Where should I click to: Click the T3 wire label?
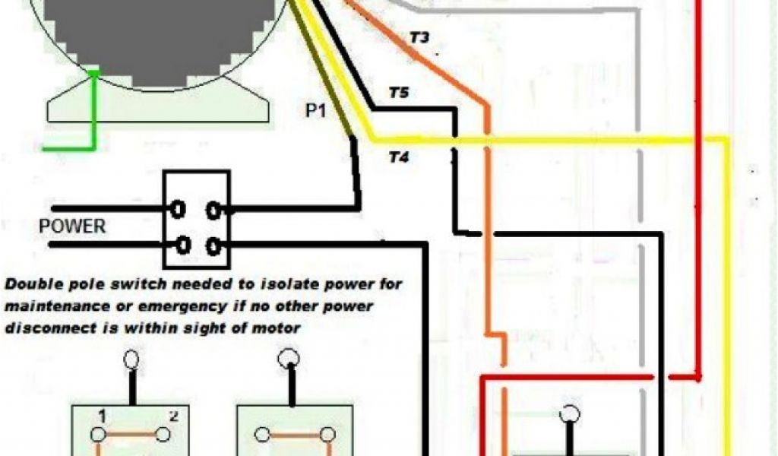pos(420,37)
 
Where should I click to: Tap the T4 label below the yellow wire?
pos(399,159)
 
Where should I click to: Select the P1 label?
pos(316,111)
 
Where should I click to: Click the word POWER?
pos(73,226)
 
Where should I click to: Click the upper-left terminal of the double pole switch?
pos(180,207)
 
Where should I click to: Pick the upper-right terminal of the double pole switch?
pos(215,207)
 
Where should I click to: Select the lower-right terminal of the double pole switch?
pos(215,245)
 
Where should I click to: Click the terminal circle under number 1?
pos(99,434)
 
